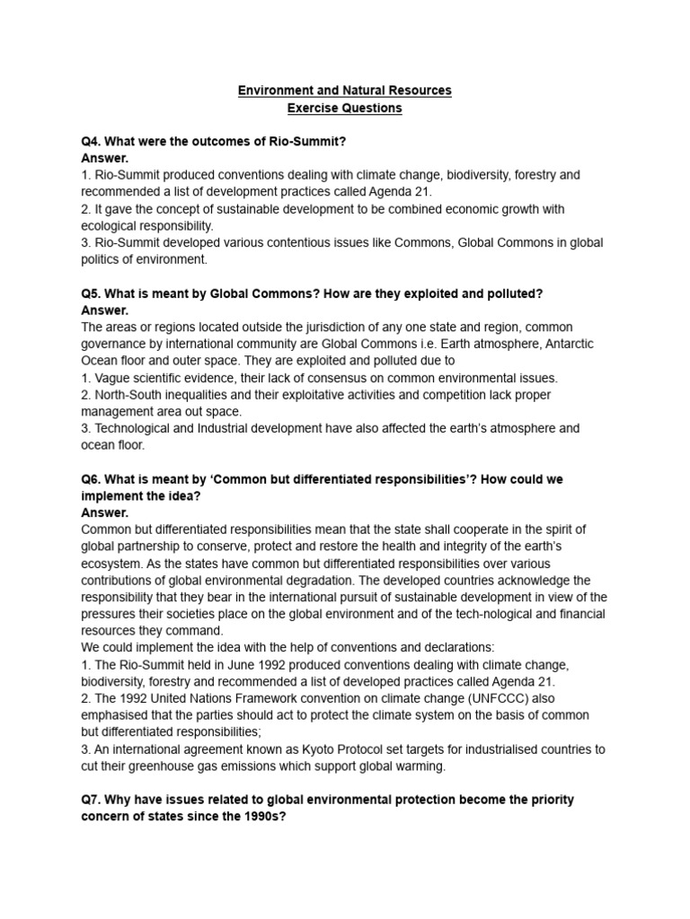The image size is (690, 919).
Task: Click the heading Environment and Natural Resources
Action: pos(344,91)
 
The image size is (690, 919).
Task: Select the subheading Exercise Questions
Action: pos(344,109)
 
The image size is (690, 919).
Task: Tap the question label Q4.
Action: pos(92,142)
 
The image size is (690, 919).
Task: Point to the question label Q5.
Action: pos(92,293)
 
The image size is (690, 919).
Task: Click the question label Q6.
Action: pos(92,479)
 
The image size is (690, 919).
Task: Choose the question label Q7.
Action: pos(92,800)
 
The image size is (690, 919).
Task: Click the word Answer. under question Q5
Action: pos(104,311)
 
